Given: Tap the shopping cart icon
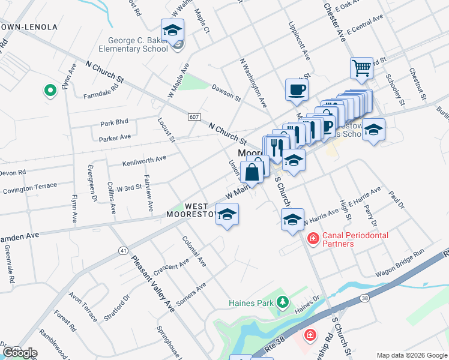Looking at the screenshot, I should [x=361, y=68].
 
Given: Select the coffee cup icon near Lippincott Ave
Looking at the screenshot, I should [x=297, y=90].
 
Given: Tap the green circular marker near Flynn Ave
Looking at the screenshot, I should [x=50, y=91].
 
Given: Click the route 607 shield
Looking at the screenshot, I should [x=193, y=116].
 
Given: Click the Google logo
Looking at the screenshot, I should [x=19, y=353].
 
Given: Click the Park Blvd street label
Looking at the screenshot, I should [x=115, y=122].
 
